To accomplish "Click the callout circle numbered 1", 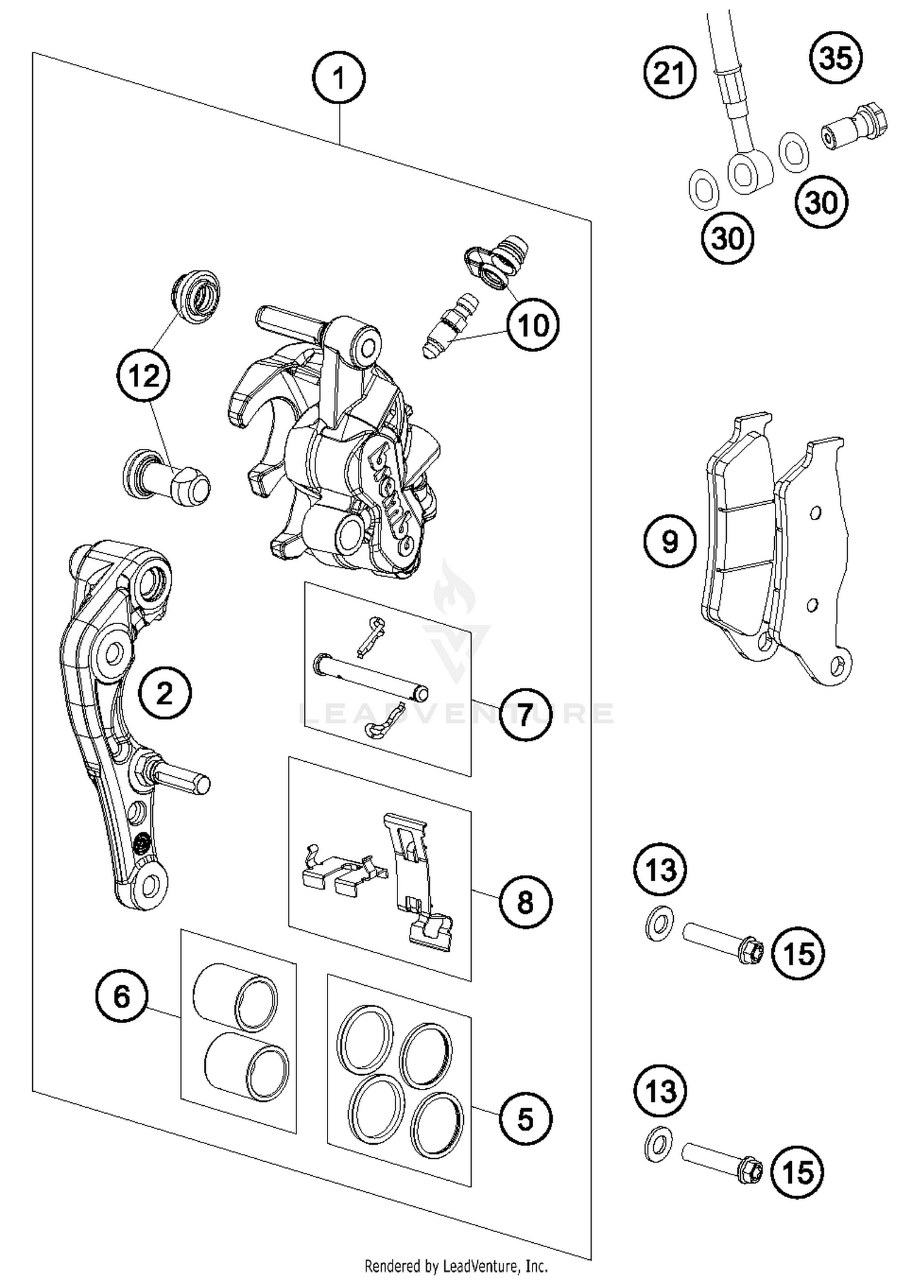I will click(338, 78).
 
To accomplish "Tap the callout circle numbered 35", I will click(836, 58).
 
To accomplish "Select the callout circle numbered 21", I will click(670, 73).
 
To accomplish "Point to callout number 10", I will click(533, 325).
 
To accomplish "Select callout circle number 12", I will click(144, 376).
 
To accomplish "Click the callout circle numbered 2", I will click(164, 693).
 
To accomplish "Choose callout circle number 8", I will click(525, 902).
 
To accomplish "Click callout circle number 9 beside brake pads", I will click(670, 541).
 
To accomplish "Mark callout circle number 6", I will click(122, 997).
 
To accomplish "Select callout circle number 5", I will click(525, 1119).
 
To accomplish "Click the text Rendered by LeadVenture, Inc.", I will click(456, 1267).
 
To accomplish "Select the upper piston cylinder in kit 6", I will click(236, 997).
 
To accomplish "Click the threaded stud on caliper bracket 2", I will click(183, 779).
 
